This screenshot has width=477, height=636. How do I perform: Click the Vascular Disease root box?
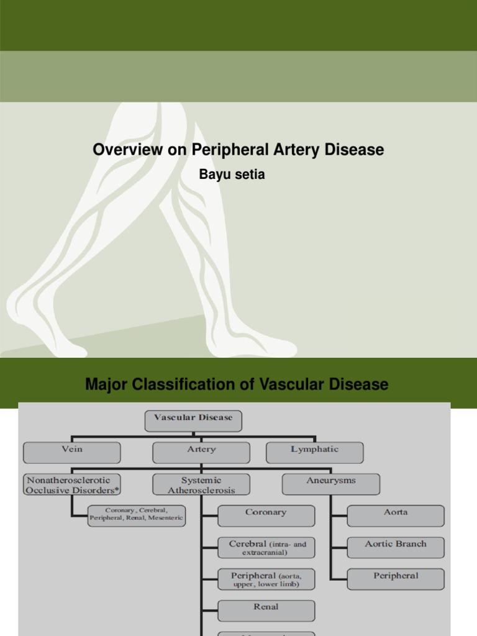pyautogui.click(x=193, y=420)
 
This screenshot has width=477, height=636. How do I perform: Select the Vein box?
pyautogui.click(x=72, y=452)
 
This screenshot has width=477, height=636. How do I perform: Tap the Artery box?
pyautogui.click(x=201, y=452)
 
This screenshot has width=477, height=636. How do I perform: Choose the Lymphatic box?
pyautogui.click(x=315, y=452)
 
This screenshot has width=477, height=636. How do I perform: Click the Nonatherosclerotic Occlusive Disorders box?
pyautogui.click(x=72, y=484)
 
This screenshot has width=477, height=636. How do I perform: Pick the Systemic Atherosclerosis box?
pyautogui.click(x=201, y=484)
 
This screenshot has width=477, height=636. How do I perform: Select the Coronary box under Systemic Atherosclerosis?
pyautogui.click(x=266, y=516)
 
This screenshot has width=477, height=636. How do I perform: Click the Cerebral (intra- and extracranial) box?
pyautogui.click(x=266, y=547)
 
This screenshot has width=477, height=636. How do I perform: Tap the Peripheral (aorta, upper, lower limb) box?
pyautogui.click(x=266, y=579)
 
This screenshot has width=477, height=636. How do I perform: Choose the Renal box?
pyautogui.click(x=266, y=610)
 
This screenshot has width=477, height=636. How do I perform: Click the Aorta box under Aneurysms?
pyautogui.click(x=396, y=516)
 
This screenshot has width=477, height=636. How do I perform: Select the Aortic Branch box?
pyautogui.click(x=396, y=547)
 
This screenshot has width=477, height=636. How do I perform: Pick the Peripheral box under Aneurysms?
pyautogui.click(x=396, y=579)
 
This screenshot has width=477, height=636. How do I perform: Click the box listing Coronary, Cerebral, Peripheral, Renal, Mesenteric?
pyautogui.click(x=137, y=516)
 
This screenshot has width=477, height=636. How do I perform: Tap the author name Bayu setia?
pyautogui.click(x=232, y=175)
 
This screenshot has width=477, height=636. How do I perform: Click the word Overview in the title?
pyautogui.click(x=122, y=150)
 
